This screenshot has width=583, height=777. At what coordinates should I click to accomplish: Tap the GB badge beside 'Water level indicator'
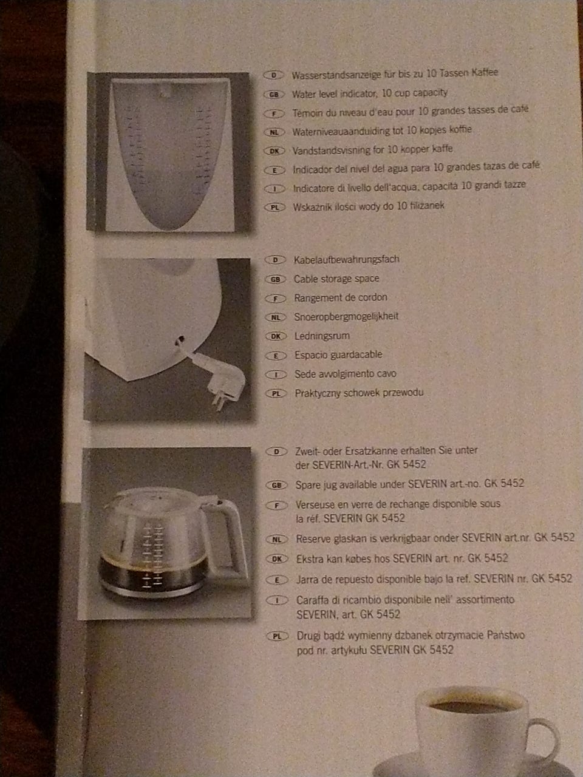tap(274, 95)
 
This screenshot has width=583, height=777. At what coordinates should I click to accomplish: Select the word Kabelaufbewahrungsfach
tap(347, 259)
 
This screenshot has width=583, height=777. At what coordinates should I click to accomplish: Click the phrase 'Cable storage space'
tap(336, 279)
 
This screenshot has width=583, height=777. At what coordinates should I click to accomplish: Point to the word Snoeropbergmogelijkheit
tap(346, 316)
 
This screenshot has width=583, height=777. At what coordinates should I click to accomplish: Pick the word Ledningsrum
tap(322, 336)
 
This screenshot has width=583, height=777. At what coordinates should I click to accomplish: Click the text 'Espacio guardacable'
tap(338, 355)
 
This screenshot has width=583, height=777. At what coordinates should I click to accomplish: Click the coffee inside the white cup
tap(471, 706)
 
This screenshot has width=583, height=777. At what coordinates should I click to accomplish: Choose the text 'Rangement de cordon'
tap(341, 297)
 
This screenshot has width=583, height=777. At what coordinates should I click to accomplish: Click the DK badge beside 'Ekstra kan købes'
tap(277, 559)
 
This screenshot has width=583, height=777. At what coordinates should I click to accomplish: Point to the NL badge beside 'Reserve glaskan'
tap(277, 540)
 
